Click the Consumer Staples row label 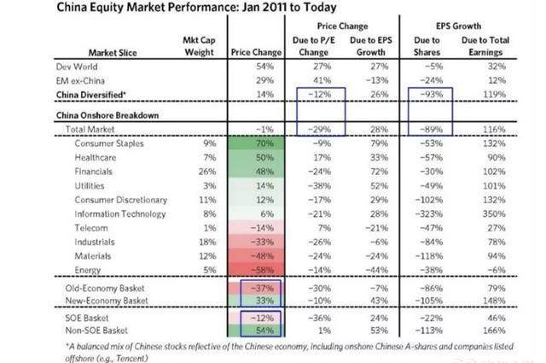point(109,143)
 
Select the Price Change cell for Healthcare point(264,158)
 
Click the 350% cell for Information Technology point(494,214)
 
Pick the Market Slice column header point(113,53)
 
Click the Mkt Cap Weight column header point(199,46)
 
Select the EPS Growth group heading point(458,26)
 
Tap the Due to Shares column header point(427,46)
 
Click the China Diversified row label point(91,95)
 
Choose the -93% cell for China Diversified point(431,94)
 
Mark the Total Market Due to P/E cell point(319,129)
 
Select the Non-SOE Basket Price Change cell point(264,331)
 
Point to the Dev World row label point(77,67)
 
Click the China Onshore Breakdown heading point(107,115)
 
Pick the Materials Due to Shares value point(429,256)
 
